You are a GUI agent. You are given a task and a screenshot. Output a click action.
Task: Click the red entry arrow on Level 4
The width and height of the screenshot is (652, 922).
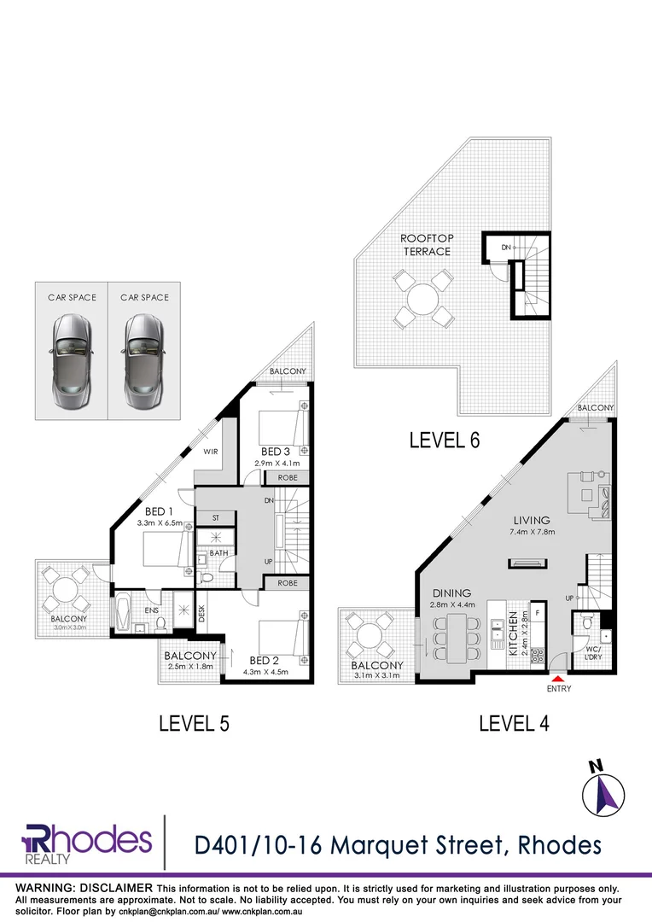click(x=558, y=677)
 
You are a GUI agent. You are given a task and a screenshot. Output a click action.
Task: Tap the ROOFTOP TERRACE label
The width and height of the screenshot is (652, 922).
click(x=425, y=245)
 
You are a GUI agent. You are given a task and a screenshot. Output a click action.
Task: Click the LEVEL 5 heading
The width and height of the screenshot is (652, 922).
click(x=195, y=724)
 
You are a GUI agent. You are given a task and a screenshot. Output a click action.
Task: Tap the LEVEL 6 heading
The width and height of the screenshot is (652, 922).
click(x=445, y=441)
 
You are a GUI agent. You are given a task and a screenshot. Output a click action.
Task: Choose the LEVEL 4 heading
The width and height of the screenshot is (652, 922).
click(x=514, y=724)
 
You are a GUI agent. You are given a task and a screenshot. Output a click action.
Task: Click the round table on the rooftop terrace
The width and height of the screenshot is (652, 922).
click(x=422, y=300)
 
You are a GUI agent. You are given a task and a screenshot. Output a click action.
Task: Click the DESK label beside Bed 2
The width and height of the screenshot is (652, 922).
click(x=202, y=615)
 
